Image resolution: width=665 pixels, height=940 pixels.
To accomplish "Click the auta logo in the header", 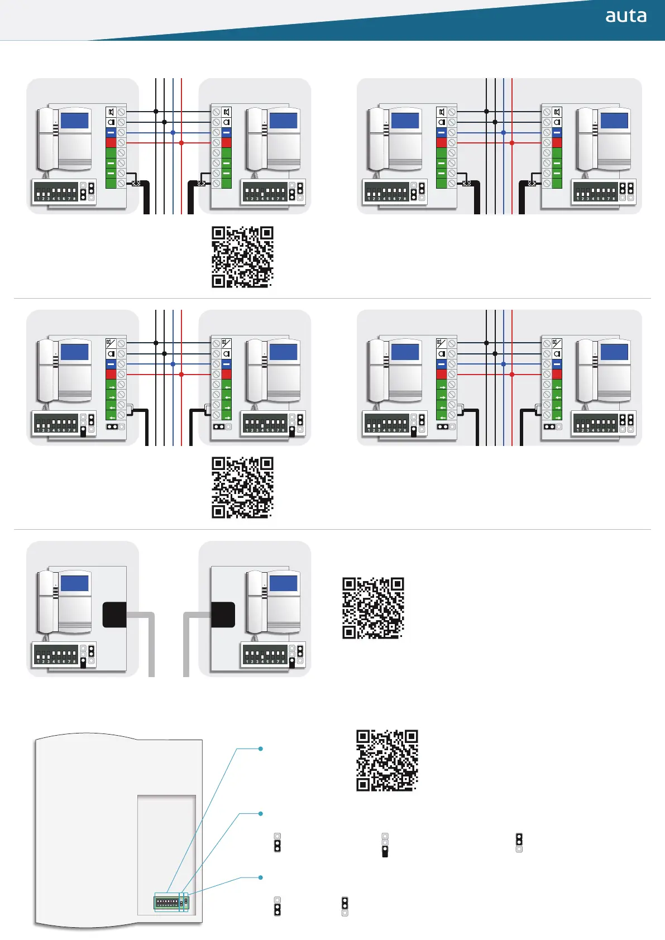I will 625,16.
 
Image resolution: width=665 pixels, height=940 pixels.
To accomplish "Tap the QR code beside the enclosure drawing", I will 387,760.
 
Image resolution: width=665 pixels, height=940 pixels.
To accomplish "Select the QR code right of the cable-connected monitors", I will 372,608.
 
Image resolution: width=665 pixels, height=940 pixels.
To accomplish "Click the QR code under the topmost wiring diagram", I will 242,257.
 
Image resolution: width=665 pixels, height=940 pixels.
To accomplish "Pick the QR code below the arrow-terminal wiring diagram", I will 242,487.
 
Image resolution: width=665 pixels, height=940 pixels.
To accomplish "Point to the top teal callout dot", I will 261,749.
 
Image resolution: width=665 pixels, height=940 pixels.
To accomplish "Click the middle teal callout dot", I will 261,814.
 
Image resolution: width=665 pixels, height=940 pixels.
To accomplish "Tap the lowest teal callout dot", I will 261,877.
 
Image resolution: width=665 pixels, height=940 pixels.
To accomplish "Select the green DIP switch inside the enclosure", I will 167,902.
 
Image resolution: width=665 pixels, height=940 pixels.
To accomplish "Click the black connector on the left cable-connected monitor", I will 114,615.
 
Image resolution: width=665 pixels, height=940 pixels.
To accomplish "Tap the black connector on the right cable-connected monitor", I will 223,615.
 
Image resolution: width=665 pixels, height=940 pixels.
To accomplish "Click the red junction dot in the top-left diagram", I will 181,143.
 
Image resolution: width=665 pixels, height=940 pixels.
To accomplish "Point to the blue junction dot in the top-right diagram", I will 504,132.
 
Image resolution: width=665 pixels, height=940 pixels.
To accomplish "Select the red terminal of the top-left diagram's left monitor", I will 111,143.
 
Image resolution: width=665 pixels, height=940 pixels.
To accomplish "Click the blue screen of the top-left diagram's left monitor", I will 75,121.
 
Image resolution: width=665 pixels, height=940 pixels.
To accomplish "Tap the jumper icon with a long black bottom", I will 385,845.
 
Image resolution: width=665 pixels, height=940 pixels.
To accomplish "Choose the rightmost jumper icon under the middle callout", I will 519,842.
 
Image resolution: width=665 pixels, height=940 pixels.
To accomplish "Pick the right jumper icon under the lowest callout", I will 345,906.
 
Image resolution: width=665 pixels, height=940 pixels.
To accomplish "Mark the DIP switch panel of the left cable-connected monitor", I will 56,654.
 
